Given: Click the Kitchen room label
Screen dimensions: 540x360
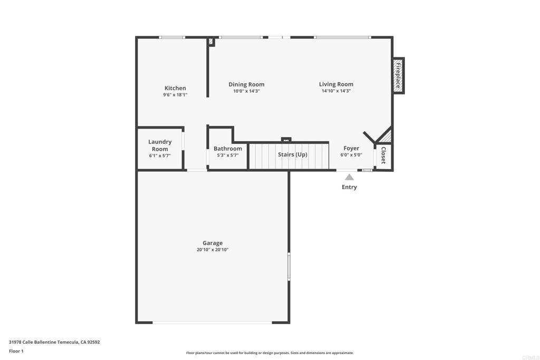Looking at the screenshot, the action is (x=175, y=88).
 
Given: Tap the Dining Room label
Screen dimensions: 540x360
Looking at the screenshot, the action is (x=246, y=84).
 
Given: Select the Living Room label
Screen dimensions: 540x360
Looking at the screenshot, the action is (x=336, y=84).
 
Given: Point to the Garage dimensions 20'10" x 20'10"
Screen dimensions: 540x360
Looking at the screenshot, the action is (x=213, y=250).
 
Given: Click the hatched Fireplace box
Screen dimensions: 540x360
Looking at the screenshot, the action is (x=398, y=76).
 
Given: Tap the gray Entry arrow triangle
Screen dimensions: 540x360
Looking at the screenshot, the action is (x=349, y=177).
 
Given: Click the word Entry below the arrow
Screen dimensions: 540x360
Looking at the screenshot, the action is (x=349, y=187).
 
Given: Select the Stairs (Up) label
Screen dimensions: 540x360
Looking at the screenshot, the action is (x=292, y=154).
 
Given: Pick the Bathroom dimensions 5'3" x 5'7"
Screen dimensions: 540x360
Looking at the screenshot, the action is (x=228, y=155).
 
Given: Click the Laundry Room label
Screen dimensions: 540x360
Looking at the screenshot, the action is (x=160, y=145).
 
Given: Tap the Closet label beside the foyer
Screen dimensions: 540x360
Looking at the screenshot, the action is (x=383, y=155).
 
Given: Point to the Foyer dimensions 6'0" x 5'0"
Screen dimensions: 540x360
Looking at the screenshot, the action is (x=351, y=155).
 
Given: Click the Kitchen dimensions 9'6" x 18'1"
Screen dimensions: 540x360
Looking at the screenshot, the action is (x=175, y=95).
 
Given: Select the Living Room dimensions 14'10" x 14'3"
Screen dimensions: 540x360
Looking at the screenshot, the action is (x=336, y=91).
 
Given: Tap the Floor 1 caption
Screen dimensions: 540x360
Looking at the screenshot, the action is (x=16, y=351).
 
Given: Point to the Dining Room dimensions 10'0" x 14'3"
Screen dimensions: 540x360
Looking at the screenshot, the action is (x=246, y=91).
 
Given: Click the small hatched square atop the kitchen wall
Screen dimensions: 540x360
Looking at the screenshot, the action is (x=211, y=41).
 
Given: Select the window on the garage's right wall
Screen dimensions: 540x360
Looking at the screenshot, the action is (x=289, y=266).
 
